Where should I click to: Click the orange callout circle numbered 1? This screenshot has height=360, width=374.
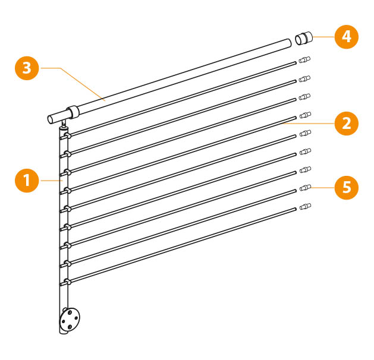pyautogui.click(x=27, y=181)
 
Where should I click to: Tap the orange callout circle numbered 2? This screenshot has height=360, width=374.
pyautogui.click(x=346, y=123)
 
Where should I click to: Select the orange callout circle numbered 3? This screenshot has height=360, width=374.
pyautogui.click(x=27, y=68)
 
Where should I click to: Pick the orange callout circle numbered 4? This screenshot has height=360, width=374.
pyautogui.click(x=346, y=37)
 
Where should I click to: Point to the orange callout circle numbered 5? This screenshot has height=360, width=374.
pyautogui.click(x=346, y=188)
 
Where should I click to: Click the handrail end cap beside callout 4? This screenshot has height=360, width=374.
pyautogui.click(x=304, y=38)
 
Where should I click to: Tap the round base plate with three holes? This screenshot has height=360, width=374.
pyautogui.click(x=70, y=319)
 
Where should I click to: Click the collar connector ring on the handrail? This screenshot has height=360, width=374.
pyautogui.click(x=73, y=112)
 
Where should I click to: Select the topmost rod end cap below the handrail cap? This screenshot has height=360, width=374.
pyautogui.click(x=304, y=59)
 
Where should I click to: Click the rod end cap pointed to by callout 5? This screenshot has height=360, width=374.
pyautogui.click(x=305, y=188)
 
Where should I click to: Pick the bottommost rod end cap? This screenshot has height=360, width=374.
pyautogui.click(x=305, y=206)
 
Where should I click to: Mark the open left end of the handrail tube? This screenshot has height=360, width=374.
pyautogui.click(x=50, y=119)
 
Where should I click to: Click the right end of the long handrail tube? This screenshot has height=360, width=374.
pyautogui.click(x=289, y=43)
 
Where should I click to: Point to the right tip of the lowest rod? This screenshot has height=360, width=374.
pyautogui.click(x=296, y=209)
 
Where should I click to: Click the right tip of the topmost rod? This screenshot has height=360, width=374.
pyautogui.click(x=296, y=63)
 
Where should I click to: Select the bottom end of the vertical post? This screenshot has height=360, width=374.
pyautogui.click(x=64, y=332)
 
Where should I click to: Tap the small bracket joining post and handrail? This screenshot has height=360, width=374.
pyautogui.click(x=64, y=124)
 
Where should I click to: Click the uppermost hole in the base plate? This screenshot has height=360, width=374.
pyautogui.click(x=70, y=312)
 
